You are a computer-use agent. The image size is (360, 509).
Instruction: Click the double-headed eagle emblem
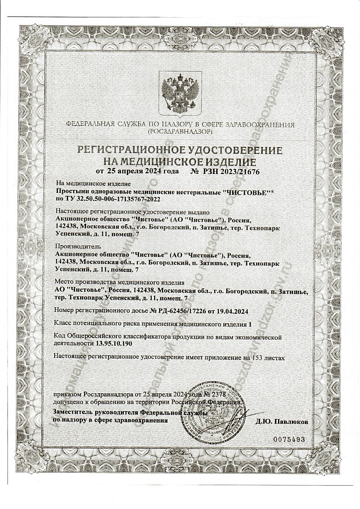[180, 92]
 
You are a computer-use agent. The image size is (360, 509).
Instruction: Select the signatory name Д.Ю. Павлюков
[282, 421]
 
